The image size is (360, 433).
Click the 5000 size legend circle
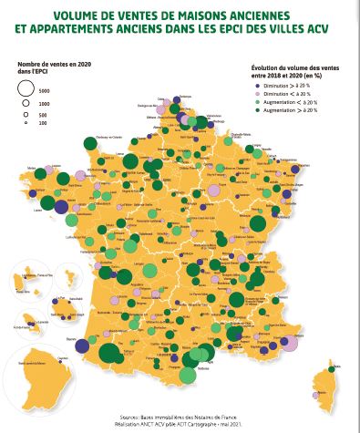[26, 89]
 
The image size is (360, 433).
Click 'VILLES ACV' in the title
[273, 29]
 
